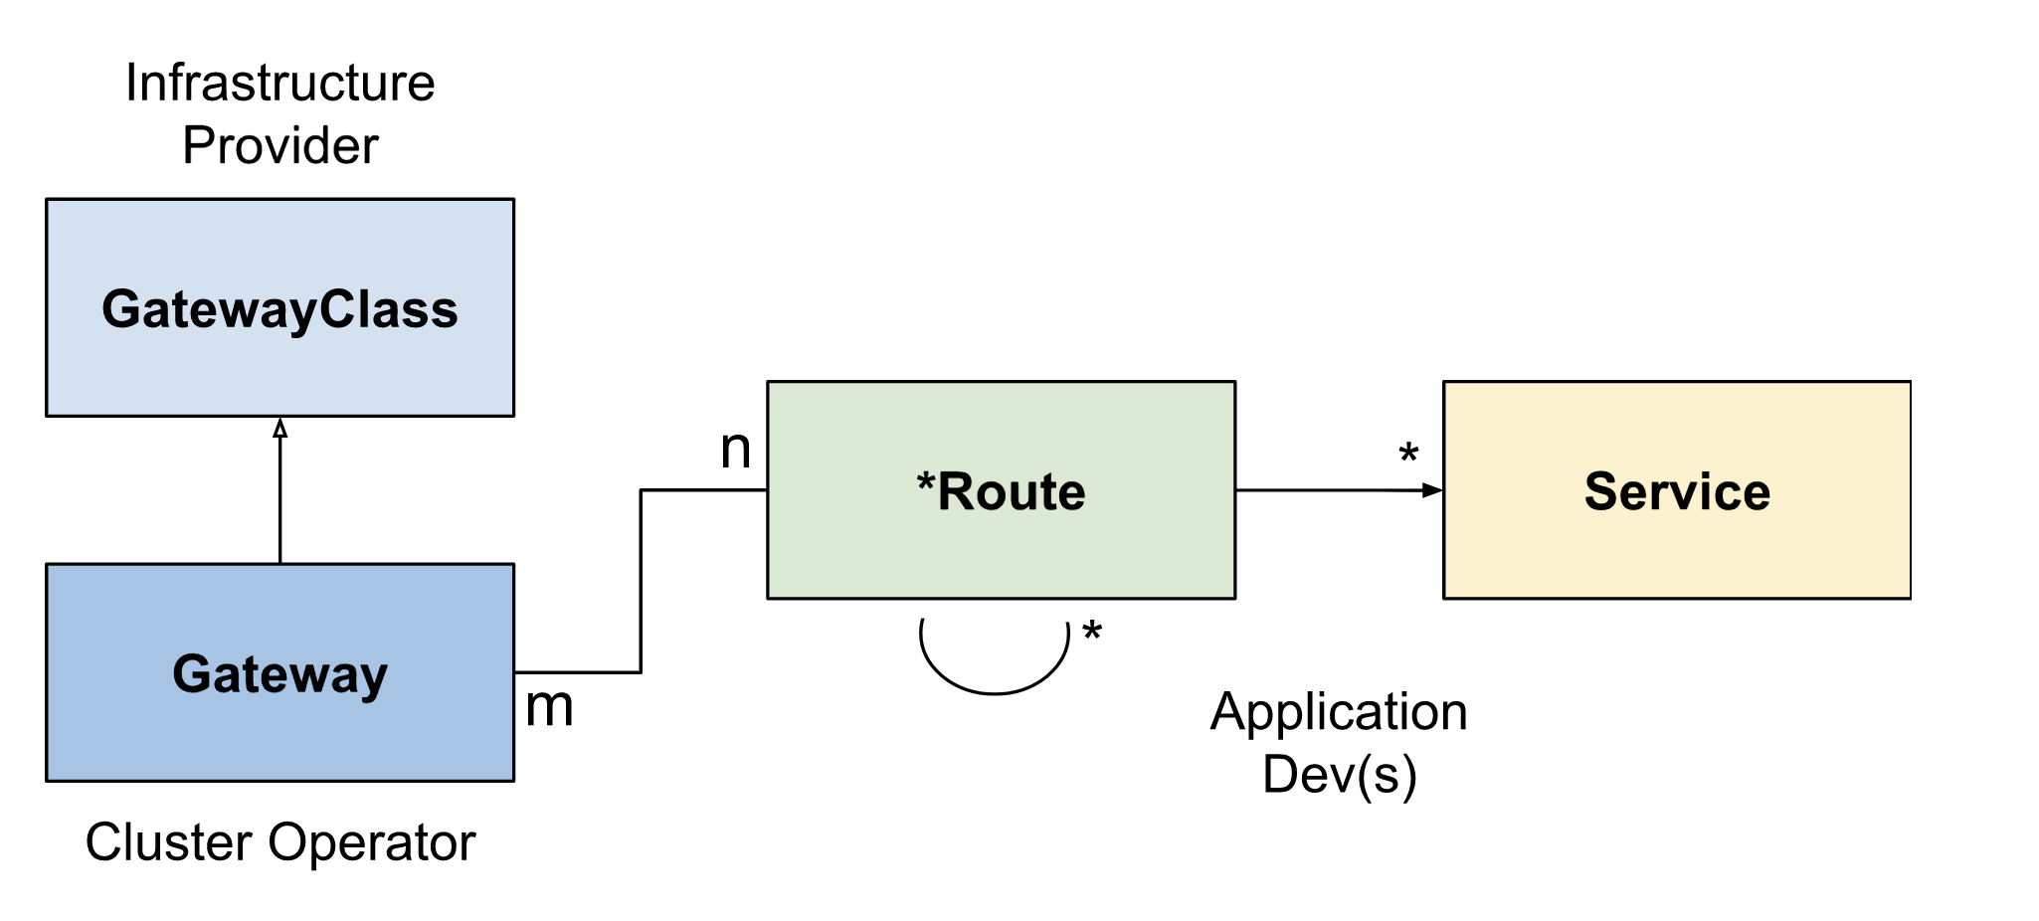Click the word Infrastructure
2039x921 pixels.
point(279,83)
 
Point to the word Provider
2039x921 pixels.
point(279,146)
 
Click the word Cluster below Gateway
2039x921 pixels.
point(169,842)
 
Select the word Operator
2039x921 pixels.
point(371,842)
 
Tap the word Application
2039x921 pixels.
point(1338,712)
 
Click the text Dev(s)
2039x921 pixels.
point(1339,775)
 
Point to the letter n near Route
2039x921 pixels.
point(735,450)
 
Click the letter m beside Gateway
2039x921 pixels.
point(549,707)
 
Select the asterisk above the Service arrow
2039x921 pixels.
point(1407,454)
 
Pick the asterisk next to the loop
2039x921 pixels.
point(1092,631)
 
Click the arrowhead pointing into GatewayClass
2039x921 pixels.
point(279,429)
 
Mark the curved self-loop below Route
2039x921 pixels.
point(994,691)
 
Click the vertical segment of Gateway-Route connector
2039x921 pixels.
point(641,582)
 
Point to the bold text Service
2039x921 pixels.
point(1676,491)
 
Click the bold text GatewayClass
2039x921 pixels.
point(279,309)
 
